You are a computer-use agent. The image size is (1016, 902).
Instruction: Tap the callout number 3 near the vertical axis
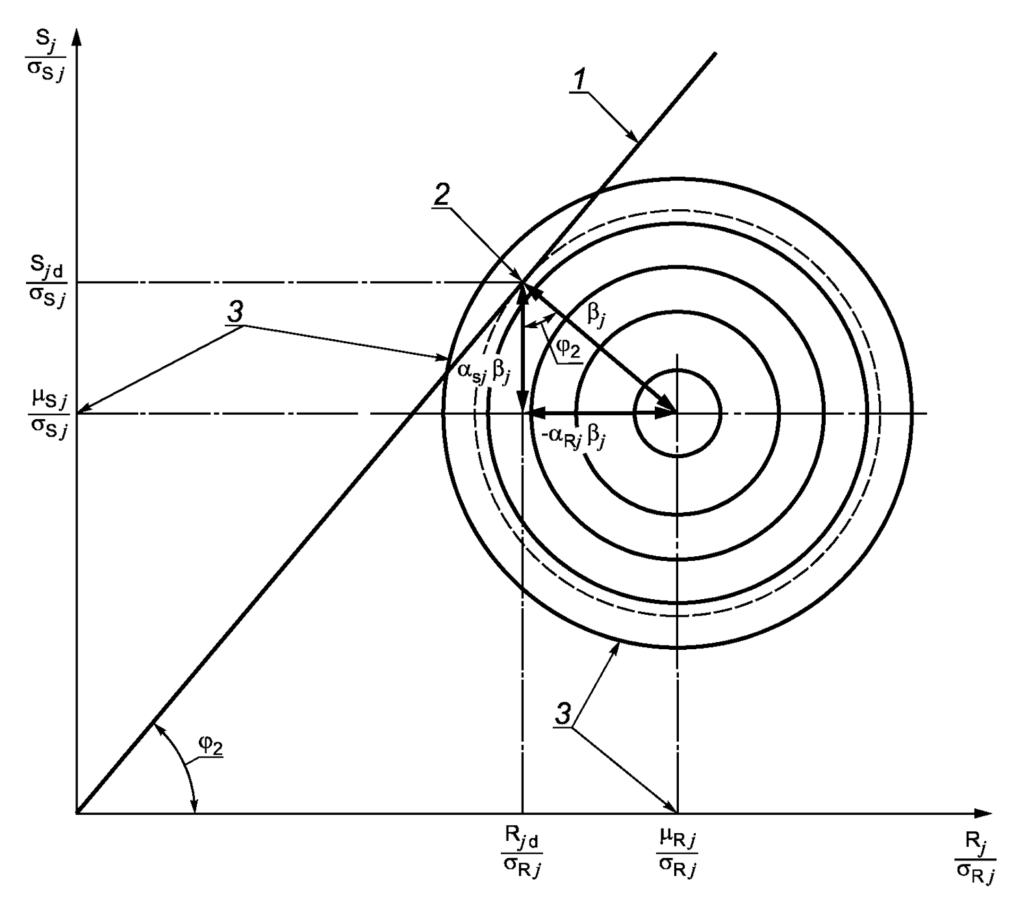point(235,313)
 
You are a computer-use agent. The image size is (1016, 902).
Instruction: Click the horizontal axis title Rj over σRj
point(974,857)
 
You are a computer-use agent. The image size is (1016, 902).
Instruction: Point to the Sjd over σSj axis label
point(46,283)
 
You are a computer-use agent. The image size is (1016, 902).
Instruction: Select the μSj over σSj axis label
point(47,413)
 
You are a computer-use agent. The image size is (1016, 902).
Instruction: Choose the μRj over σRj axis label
point(677,851)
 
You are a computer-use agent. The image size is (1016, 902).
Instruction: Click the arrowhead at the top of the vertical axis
point(77,36)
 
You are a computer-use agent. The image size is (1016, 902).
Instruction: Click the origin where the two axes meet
point(77,813)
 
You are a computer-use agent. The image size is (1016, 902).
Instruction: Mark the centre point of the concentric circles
point(677,413)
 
